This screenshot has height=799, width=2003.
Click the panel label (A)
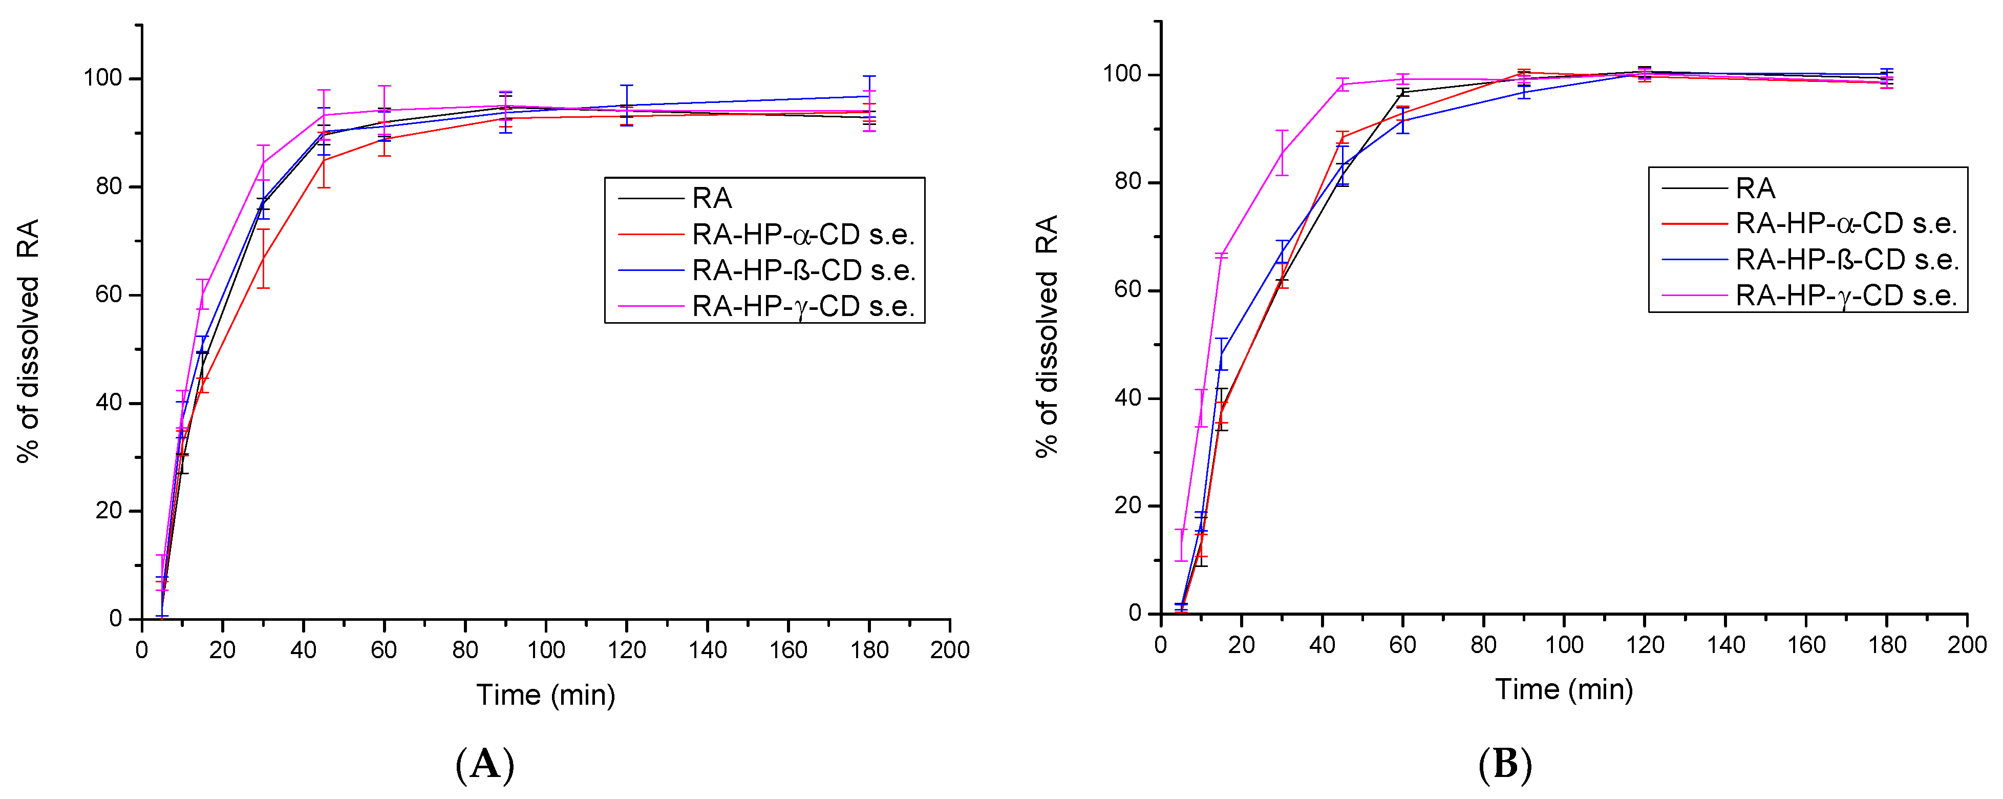[485, 764]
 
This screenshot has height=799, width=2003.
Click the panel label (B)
[1505, 764]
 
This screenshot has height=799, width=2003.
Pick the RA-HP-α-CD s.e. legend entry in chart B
[1846, 224]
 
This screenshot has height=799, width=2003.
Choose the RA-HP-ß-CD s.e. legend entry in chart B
[1847, 260]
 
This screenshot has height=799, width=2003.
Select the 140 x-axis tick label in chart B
[1725, 644]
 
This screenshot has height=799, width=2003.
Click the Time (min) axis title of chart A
[545, 695]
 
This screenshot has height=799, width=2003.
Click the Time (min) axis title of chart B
[1564, 689]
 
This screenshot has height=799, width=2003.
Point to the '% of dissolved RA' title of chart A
[28, 340]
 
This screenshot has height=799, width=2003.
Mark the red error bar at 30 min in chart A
[264, 259]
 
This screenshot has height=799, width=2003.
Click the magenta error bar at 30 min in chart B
[1282, 153]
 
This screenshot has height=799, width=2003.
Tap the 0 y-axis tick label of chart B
[1135, 613]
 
